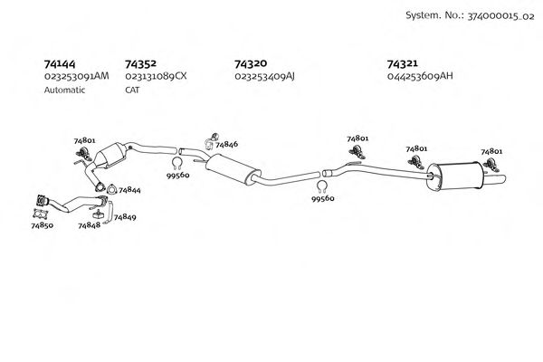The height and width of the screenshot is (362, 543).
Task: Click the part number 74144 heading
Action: tap(60, 64)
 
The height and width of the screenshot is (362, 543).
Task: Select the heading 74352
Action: tap(140, 64)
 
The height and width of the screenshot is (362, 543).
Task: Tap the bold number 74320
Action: tap(250, 64)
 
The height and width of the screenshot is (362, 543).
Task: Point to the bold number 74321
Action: tap(402, 64)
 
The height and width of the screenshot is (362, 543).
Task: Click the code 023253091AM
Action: tap(76, 77)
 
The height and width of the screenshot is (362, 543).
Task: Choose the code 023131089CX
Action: tap(156, 77)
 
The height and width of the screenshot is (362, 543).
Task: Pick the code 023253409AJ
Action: tap(264, 77)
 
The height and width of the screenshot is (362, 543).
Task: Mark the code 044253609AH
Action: tap(419, 77)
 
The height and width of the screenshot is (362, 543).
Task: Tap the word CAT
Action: tap(132, 90)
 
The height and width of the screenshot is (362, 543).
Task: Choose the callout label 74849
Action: tap(124, 218)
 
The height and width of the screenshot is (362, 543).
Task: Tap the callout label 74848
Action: tap(89, 225)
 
